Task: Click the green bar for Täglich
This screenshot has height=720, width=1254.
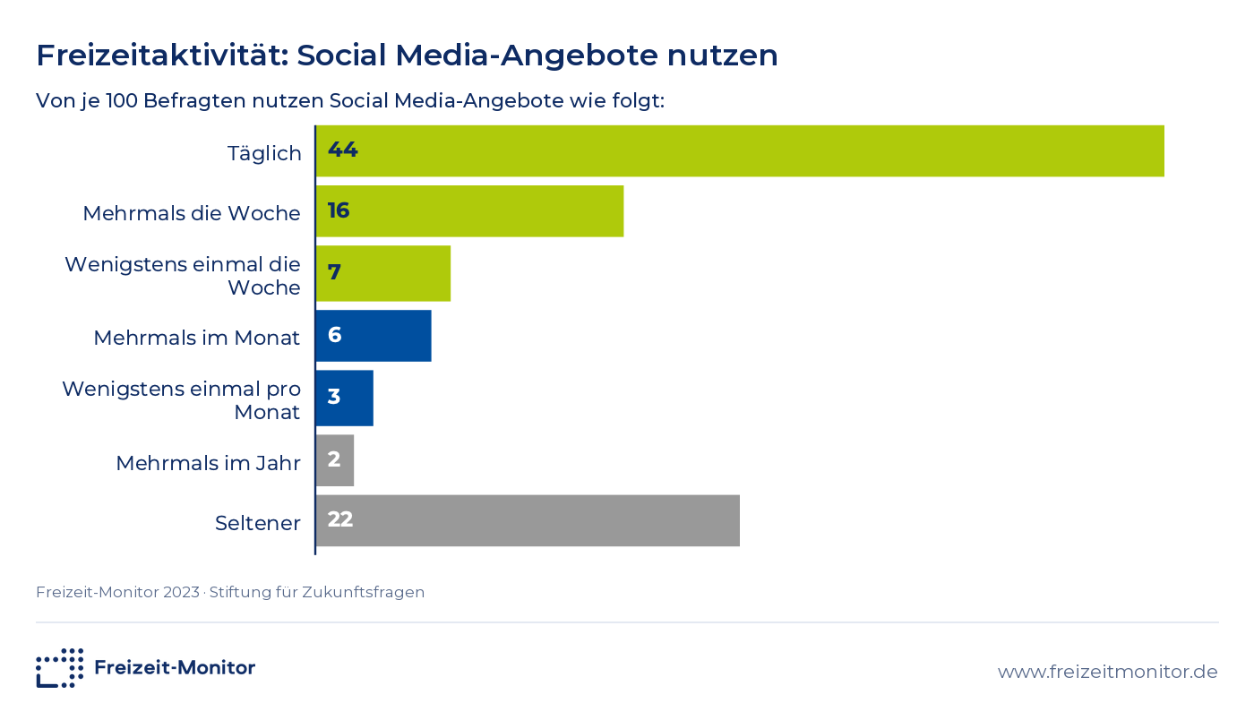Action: tap(740, 151)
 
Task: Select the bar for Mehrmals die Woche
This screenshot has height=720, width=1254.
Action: tap(469, 211)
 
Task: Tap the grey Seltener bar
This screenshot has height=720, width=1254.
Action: tap(528, 520)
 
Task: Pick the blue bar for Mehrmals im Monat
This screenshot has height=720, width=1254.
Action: tap(374, 336)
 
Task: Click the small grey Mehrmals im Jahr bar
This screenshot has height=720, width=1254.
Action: tap(335, 461)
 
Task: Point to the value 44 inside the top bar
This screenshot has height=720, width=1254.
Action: tap(342, 150)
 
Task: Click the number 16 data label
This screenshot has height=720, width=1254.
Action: tap(339, 210)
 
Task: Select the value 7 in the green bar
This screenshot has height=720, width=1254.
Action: tap(334, 272)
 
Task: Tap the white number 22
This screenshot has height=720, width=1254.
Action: tap(339, 519)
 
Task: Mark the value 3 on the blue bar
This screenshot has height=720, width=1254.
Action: tap(333, 397)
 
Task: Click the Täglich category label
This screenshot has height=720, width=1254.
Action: tap(264, 153)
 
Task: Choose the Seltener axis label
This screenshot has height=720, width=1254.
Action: tap(258, 523)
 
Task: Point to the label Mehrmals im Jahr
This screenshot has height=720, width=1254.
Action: tap(208, 463)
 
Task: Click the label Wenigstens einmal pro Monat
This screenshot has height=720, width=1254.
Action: tap(181, 400)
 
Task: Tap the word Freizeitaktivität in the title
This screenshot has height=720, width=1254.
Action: tap(162, 55)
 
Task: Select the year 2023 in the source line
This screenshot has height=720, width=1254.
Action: tap(181, 592)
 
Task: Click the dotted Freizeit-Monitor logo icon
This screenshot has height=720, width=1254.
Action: tap(60, 668)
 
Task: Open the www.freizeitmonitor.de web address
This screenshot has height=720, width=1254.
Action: tap(1107, 672)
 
